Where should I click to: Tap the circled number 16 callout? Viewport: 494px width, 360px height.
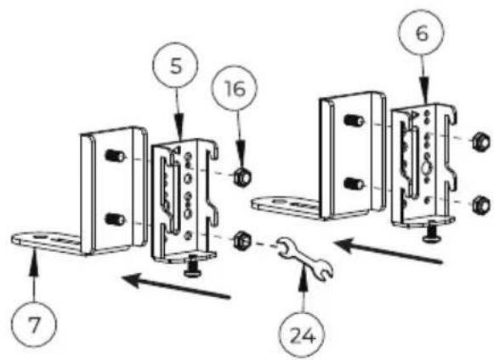[235, 89]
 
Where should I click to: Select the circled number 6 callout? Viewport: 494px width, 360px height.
[422, 33]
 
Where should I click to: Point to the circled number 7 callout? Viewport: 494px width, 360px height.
[34, 325]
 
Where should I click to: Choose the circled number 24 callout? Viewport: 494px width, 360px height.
[302, 335]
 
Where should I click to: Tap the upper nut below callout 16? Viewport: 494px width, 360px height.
[242, 178]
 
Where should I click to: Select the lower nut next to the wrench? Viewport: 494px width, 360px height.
[242, 240]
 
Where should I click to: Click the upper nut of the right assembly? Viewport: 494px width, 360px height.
[480, 142]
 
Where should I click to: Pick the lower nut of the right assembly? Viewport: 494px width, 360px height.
[481, 205]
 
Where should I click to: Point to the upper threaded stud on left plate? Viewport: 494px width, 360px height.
[115, 156]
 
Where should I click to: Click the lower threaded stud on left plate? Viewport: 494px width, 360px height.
[115, 219]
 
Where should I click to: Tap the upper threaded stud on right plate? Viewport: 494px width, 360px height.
[354, 120]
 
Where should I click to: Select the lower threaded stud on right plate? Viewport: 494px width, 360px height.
[354, 184]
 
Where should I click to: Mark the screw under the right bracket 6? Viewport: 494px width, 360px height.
[431, 233]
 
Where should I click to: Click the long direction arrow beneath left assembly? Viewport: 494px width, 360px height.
[176, 286]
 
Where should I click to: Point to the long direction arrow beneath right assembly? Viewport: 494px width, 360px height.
[388, 251]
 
